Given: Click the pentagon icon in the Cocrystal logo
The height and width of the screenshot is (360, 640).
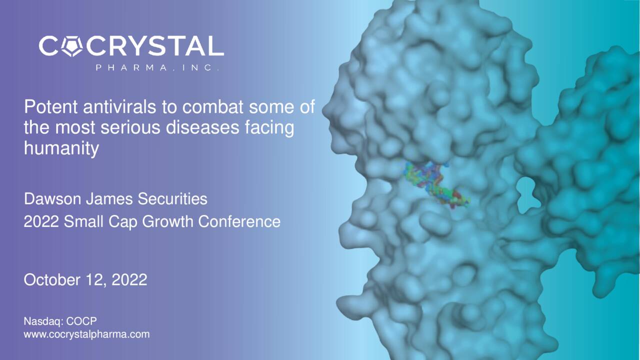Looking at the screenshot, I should [73, 46].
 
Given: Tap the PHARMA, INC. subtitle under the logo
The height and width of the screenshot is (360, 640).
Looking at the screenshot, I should [157, 68].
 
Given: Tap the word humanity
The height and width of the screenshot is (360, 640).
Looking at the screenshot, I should [61, 149].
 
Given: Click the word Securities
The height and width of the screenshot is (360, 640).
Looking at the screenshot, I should [172, 199].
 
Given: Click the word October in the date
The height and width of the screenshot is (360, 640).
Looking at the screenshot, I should [52, 280].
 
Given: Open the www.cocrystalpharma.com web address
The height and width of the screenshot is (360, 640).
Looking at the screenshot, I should [86, 334].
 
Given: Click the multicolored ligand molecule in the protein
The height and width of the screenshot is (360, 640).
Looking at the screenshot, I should [435, 185].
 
